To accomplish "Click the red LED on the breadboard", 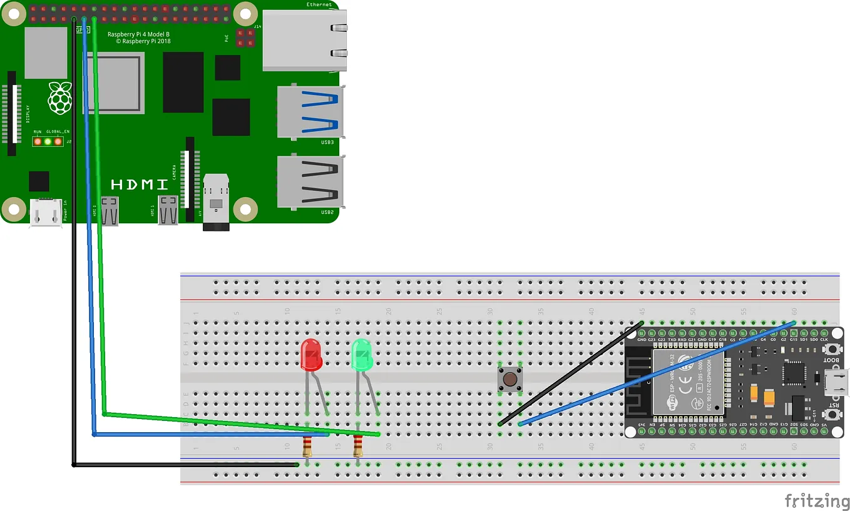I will [311, 354].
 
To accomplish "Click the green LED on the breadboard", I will [362, 355].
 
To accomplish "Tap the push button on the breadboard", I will [510, 379].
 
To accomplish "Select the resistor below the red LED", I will [307, 447].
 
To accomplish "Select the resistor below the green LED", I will [358, 447].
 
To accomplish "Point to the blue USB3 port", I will [310, 111].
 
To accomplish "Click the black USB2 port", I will [310, 181].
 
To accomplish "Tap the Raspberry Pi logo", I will [60, 98].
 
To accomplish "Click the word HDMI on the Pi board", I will [140, 185].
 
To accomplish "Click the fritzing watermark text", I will [817, 500].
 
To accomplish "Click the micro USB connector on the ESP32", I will [837, 382].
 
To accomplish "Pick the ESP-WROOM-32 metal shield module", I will [689, 382].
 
